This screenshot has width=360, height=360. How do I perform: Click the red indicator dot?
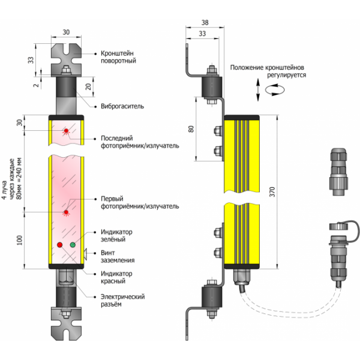[59, 245]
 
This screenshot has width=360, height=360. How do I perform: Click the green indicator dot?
[73, 245]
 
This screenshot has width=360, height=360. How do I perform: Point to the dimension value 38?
[205, 22]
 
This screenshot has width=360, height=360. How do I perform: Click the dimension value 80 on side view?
[191, 129]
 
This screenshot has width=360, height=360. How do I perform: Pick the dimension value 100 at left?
[19, 240]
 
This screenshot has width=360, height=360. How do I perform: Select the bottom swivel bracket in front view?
[66, 322]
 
